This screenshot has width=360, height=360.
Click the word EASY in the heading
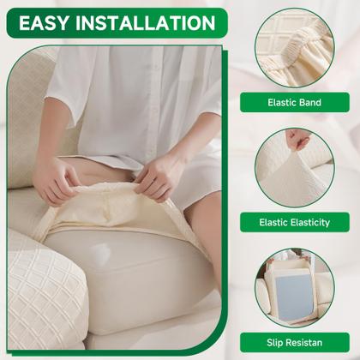coord(45,23)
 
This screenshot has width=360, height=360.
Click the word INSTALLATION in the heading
coord(146,23)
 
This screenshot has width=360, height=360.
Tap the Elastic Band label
coord(295,102)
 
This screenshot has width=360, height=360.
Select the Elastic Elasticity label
coord(295,222)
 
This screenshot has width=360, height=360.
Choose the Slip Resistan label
coord(295,342)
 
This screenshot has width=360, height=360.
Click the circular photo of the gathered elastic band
coord(295,48)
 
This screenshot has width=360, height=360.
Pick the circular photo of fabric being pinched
coord(295,168)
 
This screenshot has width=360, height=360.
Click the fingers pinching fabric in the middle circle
coord(298,139)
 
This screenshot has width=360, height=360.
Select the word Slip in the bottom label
coord(275,343)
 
